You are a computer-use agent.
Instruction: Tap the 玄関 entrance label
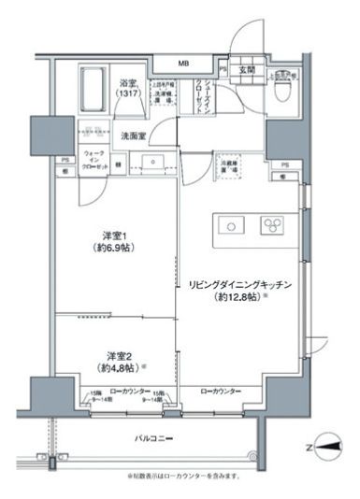coord(246,68)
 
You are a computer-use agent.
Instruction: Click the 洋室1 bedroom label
coord(115,245)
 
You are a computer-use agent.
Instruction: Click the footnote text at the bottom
coord(183,476)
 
